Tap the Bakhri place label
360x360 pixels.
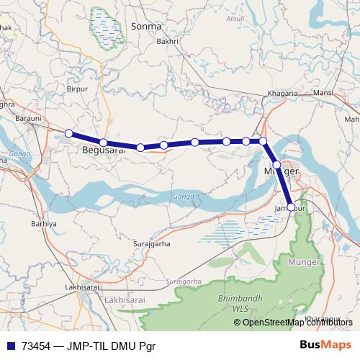(168, 42)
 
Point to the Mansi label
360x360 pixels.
(323, 94)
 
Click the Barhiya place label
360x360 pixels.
(43, 224)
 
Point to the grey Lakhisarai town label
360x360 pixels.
(81, 287)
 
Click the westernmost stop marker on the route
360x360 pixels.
(68, 133)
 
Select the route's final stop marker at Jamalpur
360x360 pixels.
(291, 207)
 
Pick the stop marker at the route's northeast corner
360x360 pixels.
(264, 141)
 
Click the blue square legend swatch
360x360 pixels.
(11, 346)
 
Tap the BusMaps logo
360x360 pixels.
(326, 346)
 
